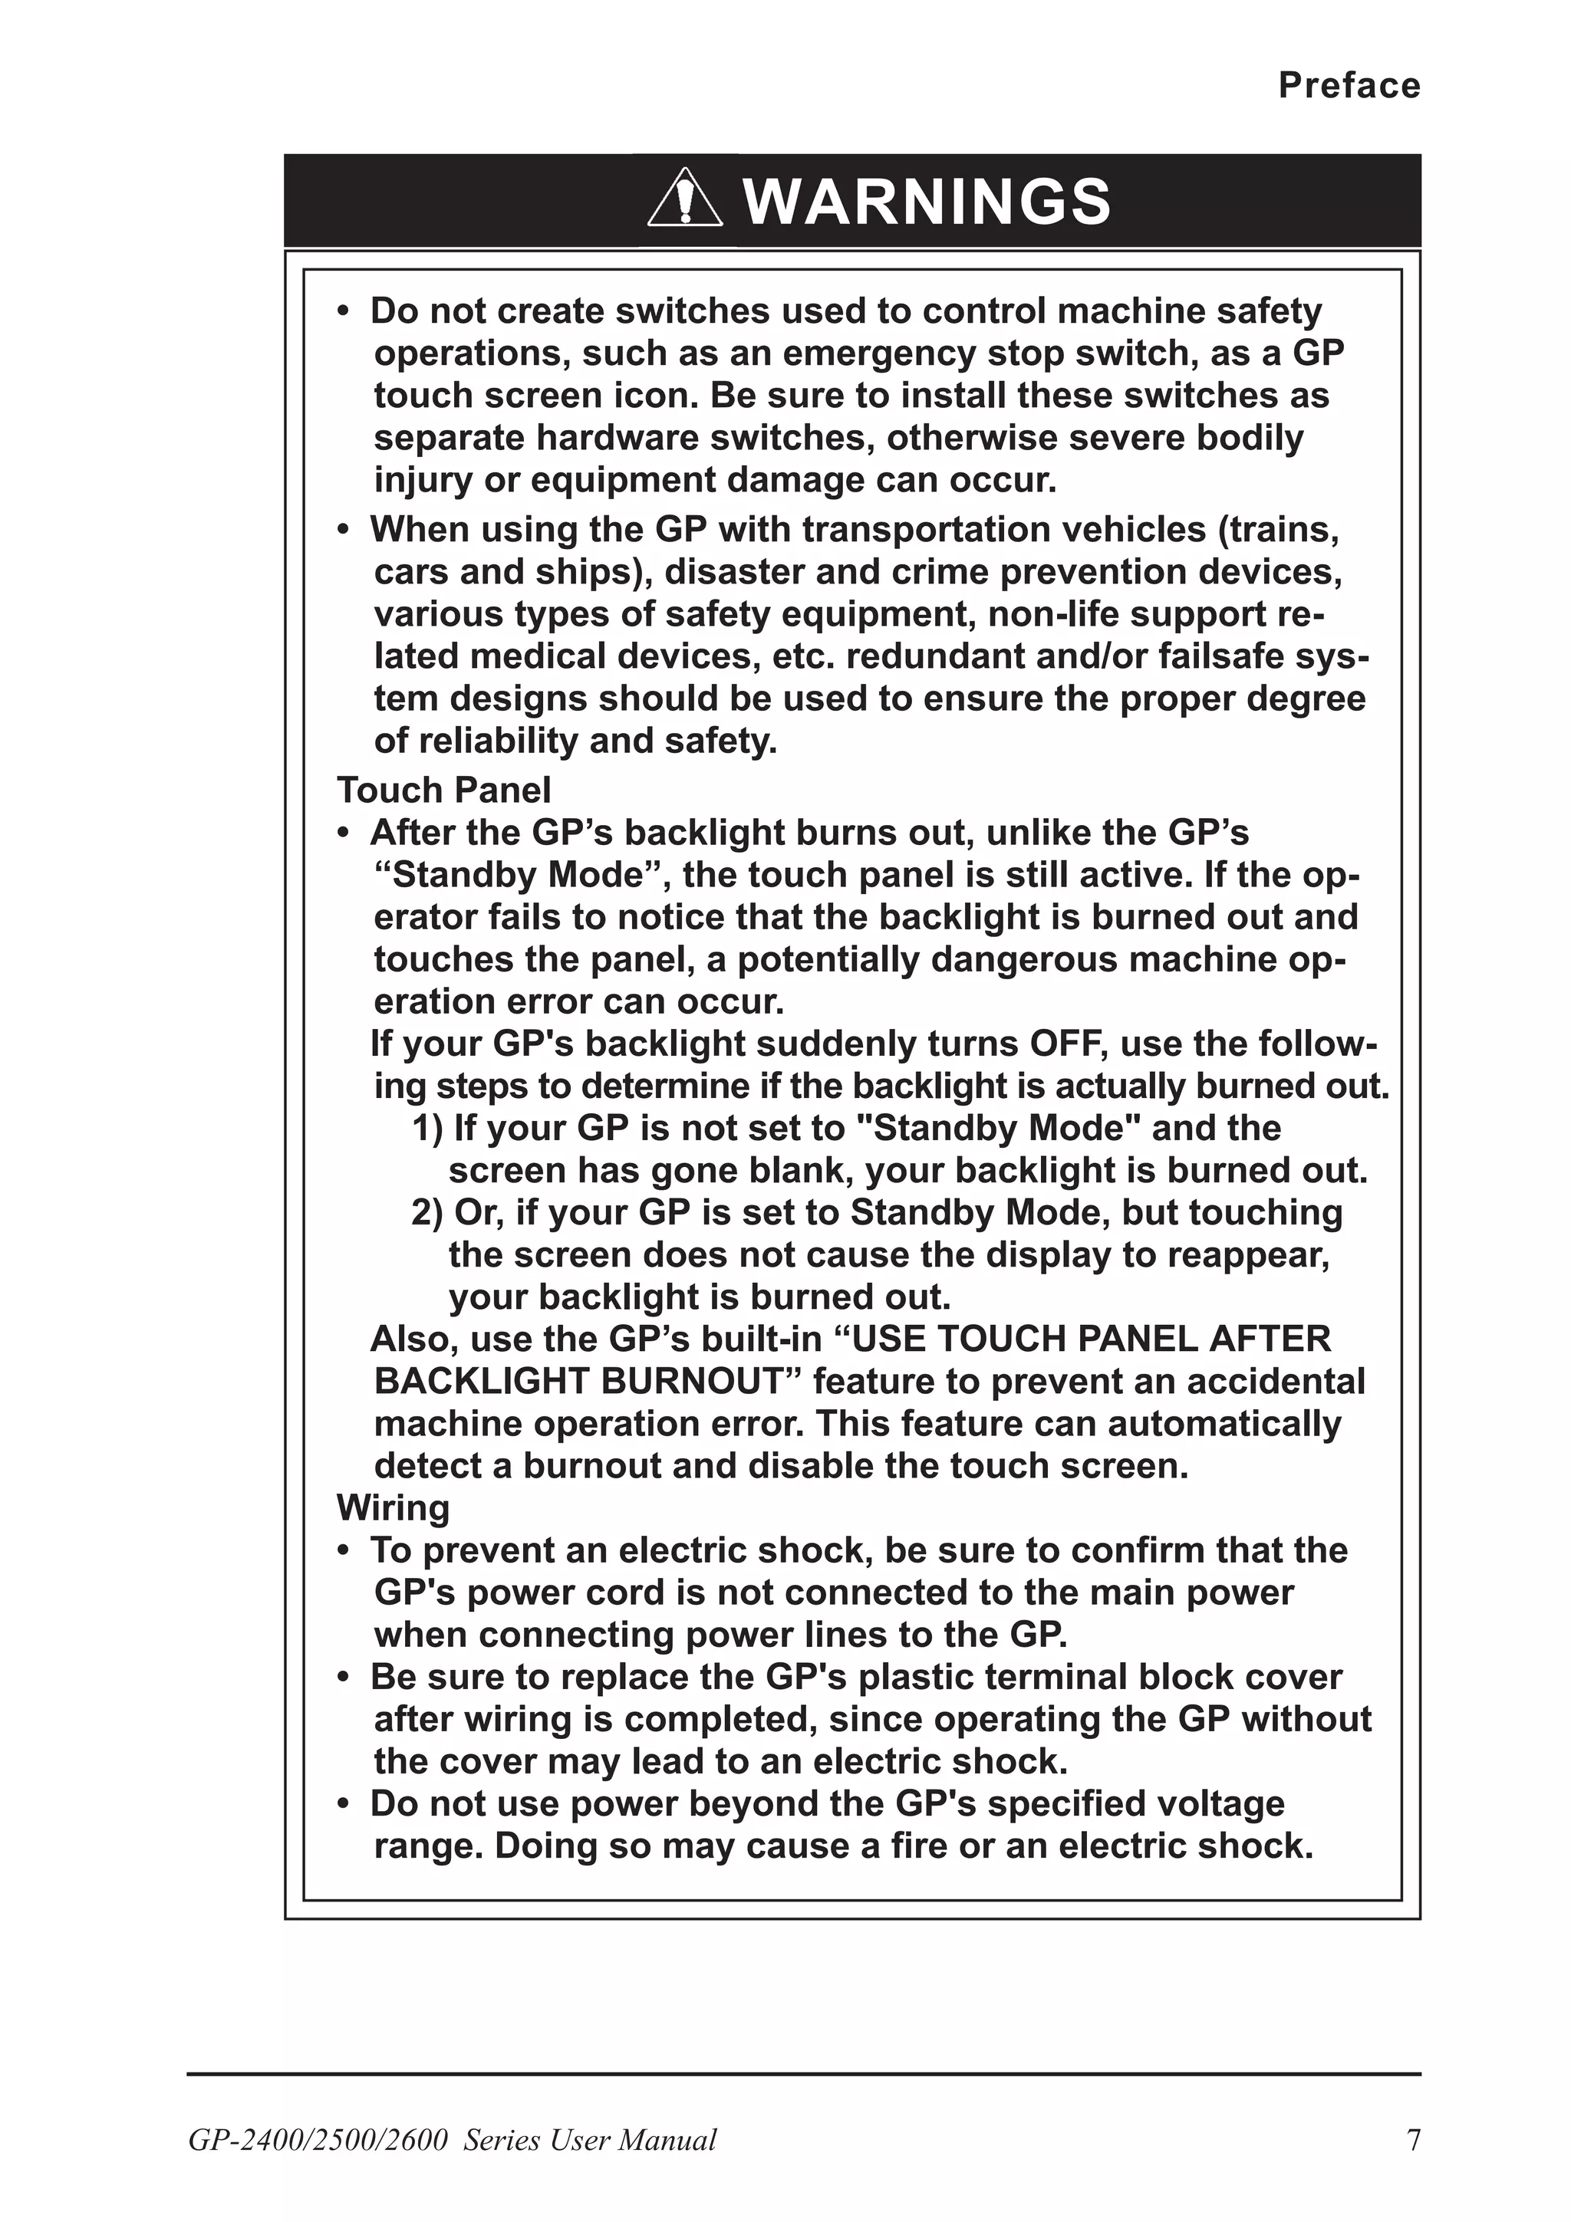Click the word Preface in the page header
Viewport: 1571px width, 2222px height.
pyautogui.click(x=1349, y=86)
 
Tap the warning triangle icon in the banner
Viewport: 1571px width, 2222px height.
pyautogui.click(x=684, y=199)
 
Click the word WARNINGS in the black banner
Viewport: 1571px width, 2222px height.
pyautogui.click(x=927, y=202)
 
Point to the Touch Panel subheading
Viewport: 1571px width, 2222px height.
pyautogui.click(x=443, y=791)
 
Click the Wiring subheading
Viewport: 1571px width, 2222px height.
pyautogui.click(x=392, y=1507)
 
